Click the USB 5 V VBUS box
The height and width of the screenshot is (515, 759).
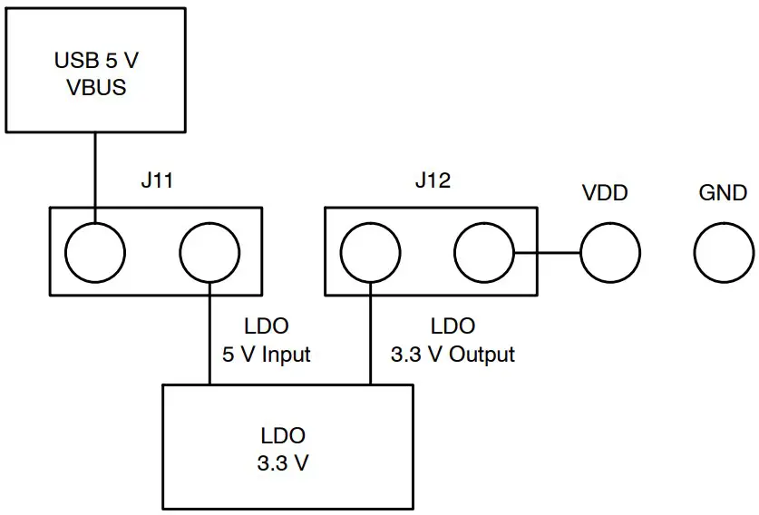tap(95, 70)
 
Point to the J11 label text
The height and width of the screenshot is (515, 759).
tap(156, 180)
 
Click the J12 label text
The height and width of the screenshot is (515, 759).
tap(432, 180)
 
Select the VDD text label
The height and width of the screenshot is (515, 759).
tap(605, 192)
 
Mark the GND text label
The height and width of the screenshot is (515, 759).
tap(723, 192)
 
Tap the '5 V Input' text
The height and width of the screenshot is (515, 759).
tap(267, 354)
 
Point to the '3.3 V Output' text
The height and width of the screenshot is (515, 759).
tap(452, 354)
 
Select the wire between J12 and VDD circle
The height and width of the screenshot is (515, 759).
tap(547, 251)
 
